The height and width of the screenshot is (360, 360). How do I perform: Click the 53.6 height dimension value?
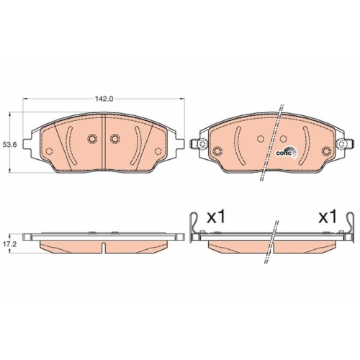point(10,145)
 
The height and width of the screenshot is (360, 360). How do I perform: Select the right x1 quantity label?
point(328,216)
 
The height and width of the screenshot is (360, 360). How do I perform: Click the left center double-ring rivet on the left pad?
point(91,140)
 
